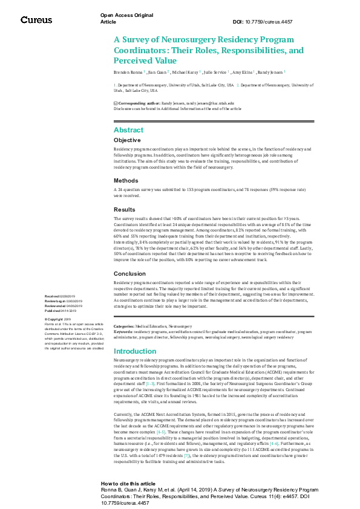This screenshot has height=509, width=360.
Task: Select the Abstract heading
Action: pyautogui.click(x=128, y=130)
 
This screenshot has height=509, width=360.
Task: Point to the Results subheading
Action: pyautogui.click(x=124, y=209)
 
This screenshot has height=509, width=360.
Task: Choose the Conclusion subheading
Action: pyautogui.click(x=129, y=274)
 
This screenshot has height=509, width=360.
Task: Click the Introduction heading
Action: pyautogui.click(x=135, y=351)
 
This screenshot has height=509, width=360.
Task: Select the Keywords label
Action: pyautogui.click(x=123, y=331)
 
